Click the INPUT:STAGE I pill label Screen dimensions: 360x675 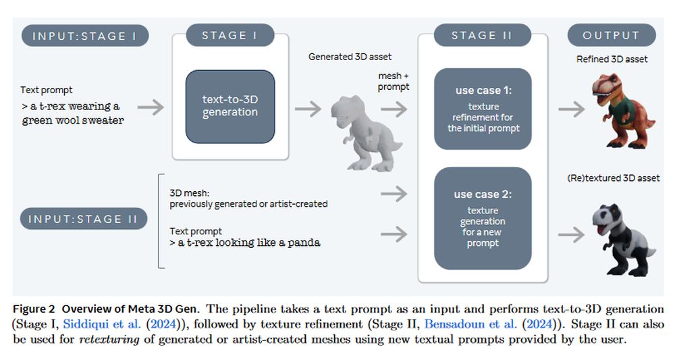click(85, 36)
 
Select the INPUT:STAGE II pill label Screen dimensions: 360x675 click(85, 219)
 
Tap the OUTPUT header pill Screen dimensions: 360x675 click(611, 36)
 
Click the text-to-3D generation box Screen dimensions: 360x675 click(230, 106)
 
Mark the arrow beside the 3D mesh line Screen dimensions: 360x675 click(394, 195)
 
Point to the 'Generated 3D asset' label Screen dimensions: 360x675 click(350, 57)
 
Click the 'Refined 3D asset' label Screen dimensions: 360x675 click(612, 59)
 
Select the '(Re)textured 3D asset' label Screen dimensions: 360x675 click(612, 178)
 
